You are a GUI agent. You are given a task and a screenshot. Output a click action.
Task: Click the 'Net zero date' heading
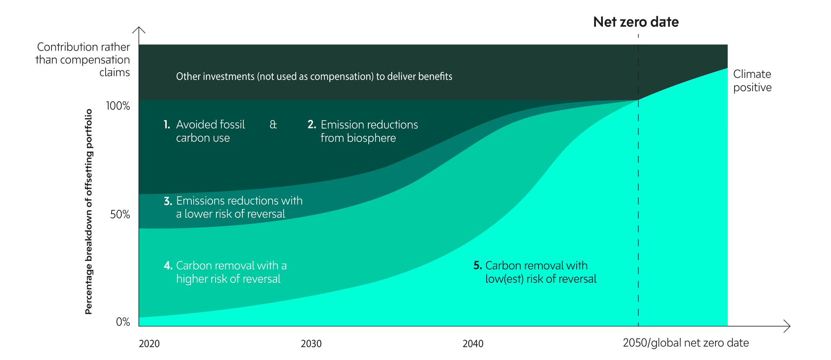point(636,22)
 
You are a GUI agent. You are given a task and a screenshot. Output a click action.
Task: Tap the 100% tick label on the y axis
point(118,106)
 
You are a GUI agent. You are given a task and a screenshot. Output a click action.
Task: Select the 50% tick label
point(120,215)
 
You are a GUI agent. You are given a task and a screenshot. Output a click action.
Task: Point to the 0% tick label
point(123,322)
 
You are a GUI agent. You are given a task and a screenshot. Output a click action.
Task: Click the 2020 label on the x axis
point(149,344)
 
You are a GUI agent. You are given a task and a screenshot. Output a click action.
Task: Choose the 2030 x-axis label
point(311,344)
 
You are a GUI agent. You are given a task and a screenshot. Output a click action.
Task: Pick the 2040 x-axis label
point(473,344)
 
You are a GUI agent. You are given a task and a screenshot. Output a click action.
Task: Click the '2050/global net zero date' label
point(686,343)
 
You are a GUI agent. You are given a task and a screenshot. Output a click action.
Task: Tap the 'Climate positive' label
point(752,80)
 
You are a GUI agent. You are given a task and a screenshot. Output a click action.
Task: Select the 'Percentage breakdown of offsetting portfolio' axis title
point(89,212)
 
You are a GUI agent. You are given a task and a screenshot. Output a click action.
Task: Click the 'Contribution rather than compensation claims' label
point(83,59)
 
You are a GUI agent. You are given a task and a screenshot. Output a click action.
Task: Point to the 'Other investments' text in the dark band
point(314,77)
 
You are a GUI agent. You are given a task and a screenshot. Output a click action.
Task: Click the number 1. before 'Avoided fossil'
point(167,125)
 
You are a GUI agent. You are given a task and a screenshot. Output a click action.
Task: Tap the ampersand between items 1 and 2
point(273,125)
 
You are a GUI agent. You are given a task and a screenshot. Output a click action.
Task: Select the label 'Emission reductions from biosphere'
point(369,131)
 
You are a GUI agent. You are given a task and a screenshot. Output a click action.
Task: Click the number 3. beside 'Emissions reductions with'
point(168,201)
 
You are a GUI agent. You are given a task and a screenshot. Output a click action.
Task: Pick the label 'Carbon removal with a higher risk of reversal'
point(231,272)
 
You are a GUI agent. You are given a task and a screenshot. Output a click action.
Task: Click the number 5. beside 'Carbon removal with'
point(477,266)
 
